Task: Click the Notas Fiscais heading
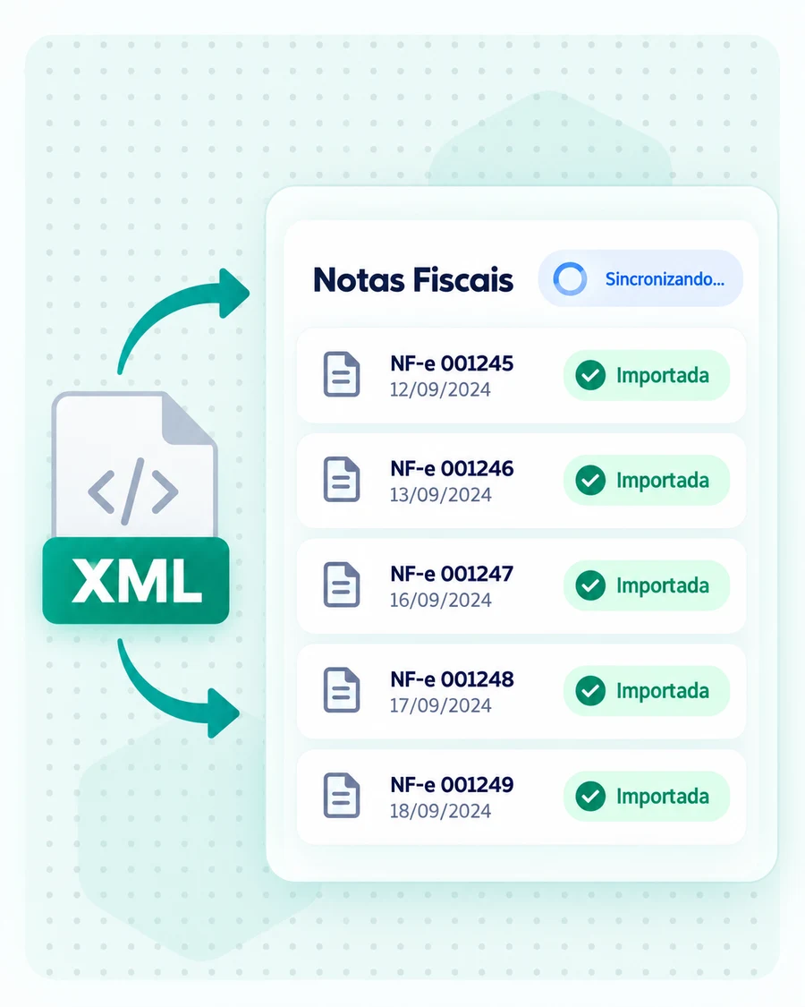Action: coord(412,280)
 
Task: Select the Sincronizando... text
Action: coord(665,279)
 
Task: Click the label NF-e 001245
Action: coord(452,363)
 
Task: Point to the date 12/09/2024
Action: coord(440,390)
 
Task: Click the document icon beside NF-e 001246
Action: coord(342,479)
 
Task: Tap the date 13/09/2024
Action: coord(440,495)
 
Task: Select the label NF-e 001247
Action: coord(452,574)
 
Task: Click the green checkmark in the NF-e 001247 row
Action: coord(590,585)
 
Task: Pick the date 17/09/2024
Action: coord(440,706)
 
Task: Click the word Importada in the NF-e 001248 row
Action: coord(663,691)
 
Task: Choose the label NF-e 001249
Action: coord(452,784)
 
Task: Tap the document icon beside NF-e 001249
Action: coord(342,796)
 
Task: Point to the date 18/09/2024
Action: coord(440,811)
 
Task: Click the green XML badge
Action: coord(136,581)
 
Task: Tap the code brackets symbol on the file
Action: coord(133,492)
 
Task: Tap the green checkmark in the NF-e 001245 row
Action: coord(590,376)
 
